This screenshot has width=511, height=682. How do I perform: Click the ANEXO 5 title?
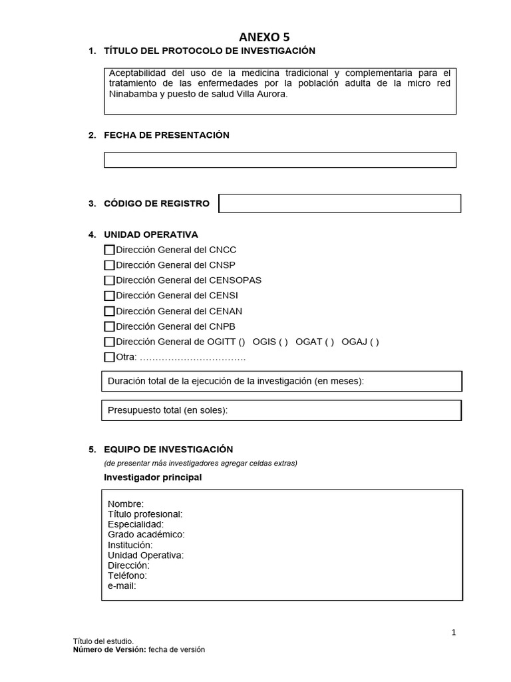[264, 37]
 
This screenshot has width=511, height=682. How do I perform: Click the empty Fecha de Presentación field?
[279, 160]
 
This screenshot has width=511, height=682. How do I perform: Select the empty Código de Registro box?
[339, 204]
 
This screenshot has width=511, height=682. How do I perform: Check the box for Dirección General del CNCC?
[110, 250]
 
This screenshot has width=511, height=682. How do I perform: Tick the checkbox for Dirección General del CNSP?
[110, 265]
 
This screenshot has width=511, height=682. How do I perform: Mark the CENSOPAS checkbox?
[110, 280]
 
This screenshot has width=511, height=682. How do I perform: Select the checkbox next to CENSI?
[110, 296]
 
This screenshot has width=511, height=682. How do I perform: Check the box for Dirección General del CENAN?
[110, 311]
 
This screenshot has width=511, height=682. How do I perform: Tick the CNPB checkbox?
[110, 326]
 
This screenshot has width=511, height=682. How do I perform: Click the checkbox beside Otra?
[110, 357]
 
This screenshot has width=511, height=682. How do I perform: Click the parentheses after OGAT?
[329, 342]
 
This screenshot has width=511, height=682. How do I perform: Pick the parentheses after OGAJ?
[374, 342]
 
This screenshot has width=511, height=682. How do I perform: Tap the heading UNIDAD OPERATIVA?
[151, 234]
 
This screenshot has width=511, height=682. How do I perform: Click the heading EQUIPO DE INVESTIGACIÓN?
[168, 450]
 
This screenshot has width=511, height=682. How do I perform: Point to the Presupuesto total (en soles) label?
[168, 410]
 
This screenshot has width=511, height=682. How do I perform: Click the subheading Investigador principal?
[153, 478]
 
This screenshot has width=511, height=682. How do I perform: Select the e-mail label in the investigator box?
[122, 585]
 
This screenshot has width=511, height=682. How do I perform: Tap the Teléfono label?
[127, 575]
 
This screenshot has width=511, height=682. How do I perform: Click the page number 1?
[454, 633]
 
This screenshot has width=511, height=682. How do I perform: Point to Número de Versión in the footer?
[109, 650]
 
